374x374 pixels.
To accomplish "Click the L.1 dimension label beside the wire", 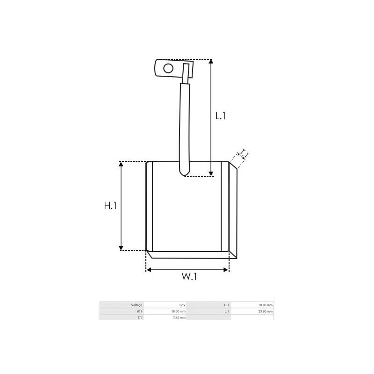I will (x=221, y=115).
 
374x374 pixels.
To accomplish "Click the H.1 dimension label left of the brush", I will (x=110, y=205).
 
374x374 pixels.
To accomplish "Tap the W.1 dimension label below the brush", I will (x=189, y=276).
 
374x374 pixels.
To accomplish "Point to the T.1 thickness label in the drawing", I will (x=243, y=155).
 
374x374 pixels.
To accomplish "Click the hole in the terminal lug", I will (x=168, y=69).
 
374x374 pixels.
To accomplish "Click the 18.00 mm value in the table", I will (x=179, y=311).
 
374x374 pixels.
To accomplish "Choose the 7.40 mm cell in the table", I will (x=180, y=317).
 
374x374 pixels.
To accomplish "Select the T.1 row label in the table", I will (x=139, y=317).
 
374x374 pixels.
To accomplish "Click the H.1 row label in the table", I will (x=227, y=305).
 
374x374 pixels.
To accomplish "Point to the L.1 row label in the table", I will (x=227, y=311).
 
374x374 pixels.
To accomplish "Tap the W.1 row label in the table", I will (x=139, y=311).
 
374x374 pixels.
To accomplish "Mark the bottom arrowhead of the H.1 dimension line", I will (x=121, y=248).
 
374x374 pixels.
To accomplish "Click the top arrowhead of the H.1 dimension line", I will (x=121, y=164).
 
